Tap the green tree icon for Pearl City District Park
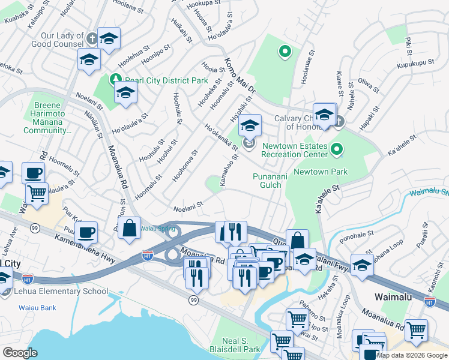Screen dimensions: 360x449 115,79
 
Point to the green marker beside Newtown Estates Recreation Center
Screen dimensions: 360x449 338,148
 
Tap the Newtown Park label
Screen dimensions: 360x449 330,172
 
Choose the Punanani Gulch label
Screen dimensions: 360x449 267,181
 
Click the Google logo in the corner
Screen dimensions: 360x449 20,353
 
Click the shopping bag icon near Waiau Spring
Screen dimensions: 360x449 130,228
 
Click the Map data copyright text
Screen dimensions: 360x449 412,355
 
